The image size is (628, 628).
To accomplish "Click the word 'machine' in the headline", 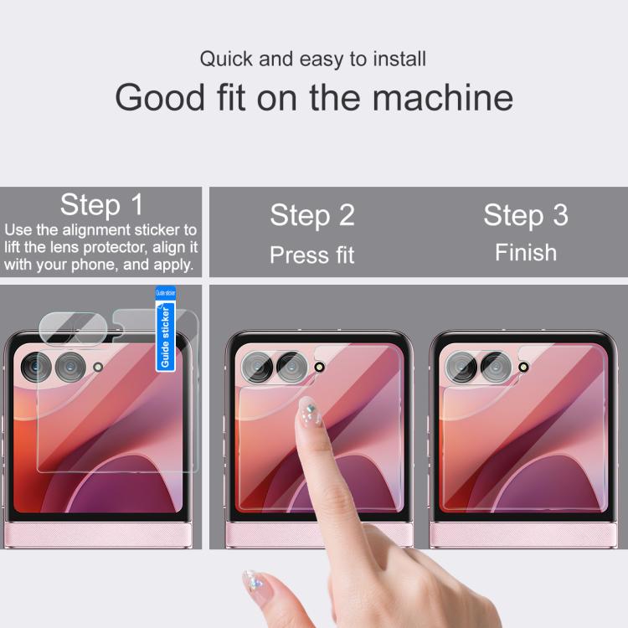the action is click(443, 97).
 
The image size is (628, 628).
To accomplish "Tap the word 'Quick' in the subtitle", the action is click(227, 59).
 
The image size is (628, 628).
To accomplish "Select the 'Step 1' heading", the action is click(101, 204).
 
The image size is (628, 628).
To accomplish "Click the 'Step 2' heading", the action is click(312, 215).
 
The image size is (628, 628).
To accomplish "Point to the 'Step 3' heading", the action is click(526, 215).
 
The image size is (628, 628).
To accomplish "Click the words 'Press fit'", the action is click(312, 255).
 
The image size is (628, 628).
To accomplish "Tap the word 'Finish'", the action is click(526, 252).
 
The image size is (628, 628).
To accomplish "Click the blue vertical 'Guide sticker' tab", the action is click(165, 328).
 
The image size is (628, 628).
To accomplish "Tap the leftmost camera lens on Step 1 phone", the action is click(36, 367).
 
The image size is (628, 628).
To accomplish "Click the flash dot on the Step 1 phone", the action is click(98, 367).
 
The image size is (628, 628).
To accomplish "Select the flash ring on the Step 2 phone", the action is click(319, 367).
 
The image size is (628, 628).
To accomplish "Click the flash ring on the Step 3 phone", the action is click(523, 367).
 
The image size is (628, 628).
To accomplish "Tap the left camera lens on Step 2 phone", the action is click(257, 367).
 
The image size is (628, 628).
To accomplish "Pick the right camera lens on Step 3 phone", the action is click(496, 367).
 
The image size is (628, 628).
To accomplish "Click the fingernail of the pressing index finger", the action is click(309, 413).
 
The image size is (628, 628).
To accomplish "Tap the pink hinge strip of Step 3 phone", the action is click(523, 535).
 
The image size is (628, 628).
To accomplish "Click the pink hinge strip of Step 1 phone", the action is click(98, 535).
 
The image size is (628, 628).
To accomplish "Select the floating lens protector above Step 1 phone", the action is click(74, 329).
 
